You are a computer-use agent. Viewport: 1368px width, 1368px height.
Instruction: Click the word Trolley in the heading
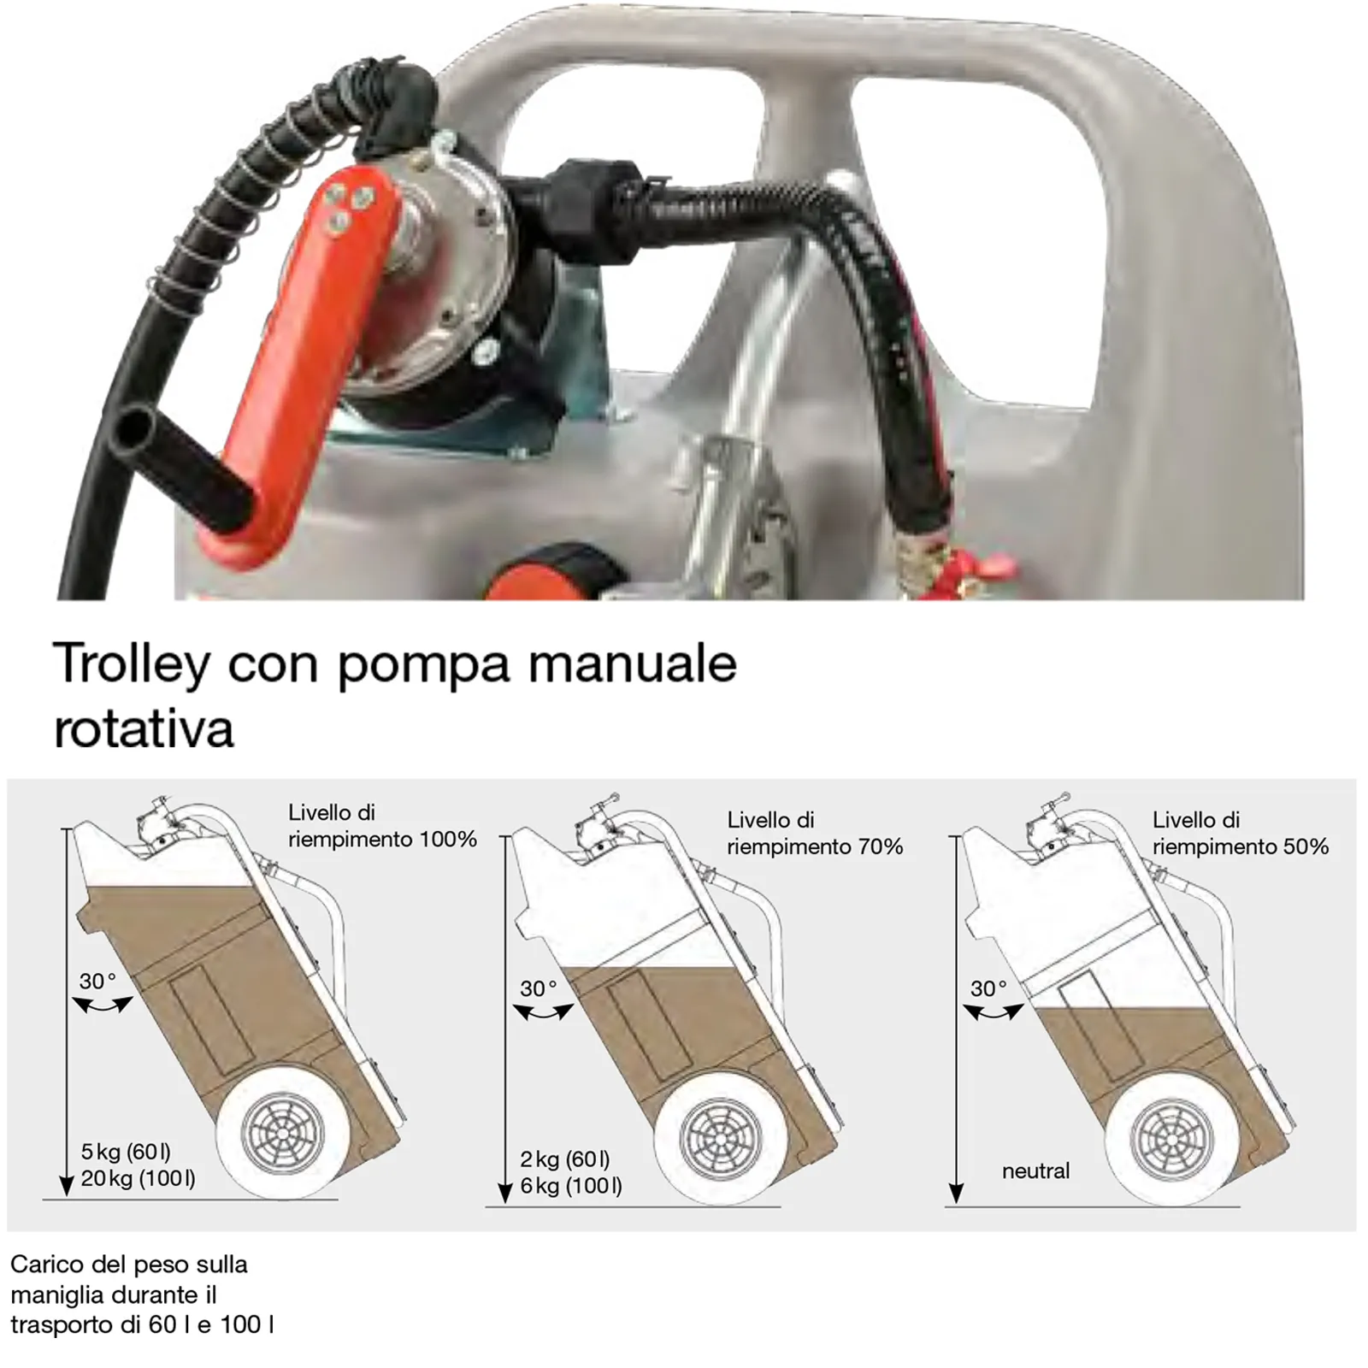pyautogui.click(x=132, y=664)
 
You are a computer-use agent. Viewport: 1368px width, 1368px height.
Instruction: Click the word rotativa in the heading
pyautogui.click(x=144, y=729)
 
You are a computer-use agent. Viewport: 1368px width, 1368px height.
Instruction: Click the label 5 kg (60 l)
pyautogui.click(x=126, y=1152)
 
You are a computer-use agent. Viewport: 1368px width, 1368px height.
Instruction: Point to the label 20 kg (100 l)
pyautogui.click(x=138, y=1179)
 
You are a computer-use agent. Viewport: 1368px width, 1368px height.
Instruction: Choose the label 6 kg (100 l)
pyautogui.click(x=571, y=1186)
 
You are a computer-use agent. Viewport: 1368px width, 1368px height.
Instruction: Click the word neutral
pyautogui.click(x=1035, y=1170)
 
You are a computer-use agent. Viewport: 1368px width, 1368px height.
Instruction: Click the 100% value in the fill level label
pyautogui.click(x=448, y=840)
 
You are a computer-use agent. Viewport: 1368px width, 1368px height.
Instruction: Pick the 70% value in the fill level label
pyautogui.click(x=878, y=847)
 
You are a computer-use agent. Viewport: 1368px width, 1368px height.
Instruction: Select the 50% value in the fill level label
pyautogui.click(x=1304, y=847)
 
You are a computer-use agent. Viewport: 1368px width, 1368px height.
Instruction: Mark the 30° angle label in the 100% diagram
pyautogui.click(x=97, y=981)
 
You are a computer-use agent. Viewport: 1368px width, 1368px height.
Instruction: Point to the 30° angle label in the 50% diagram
pyautogui.click(x=989, y=988)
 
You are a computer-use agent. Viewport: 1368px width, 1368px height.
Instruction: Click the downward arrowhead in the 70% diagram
pyautogui.click(x=505, y=1193)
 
